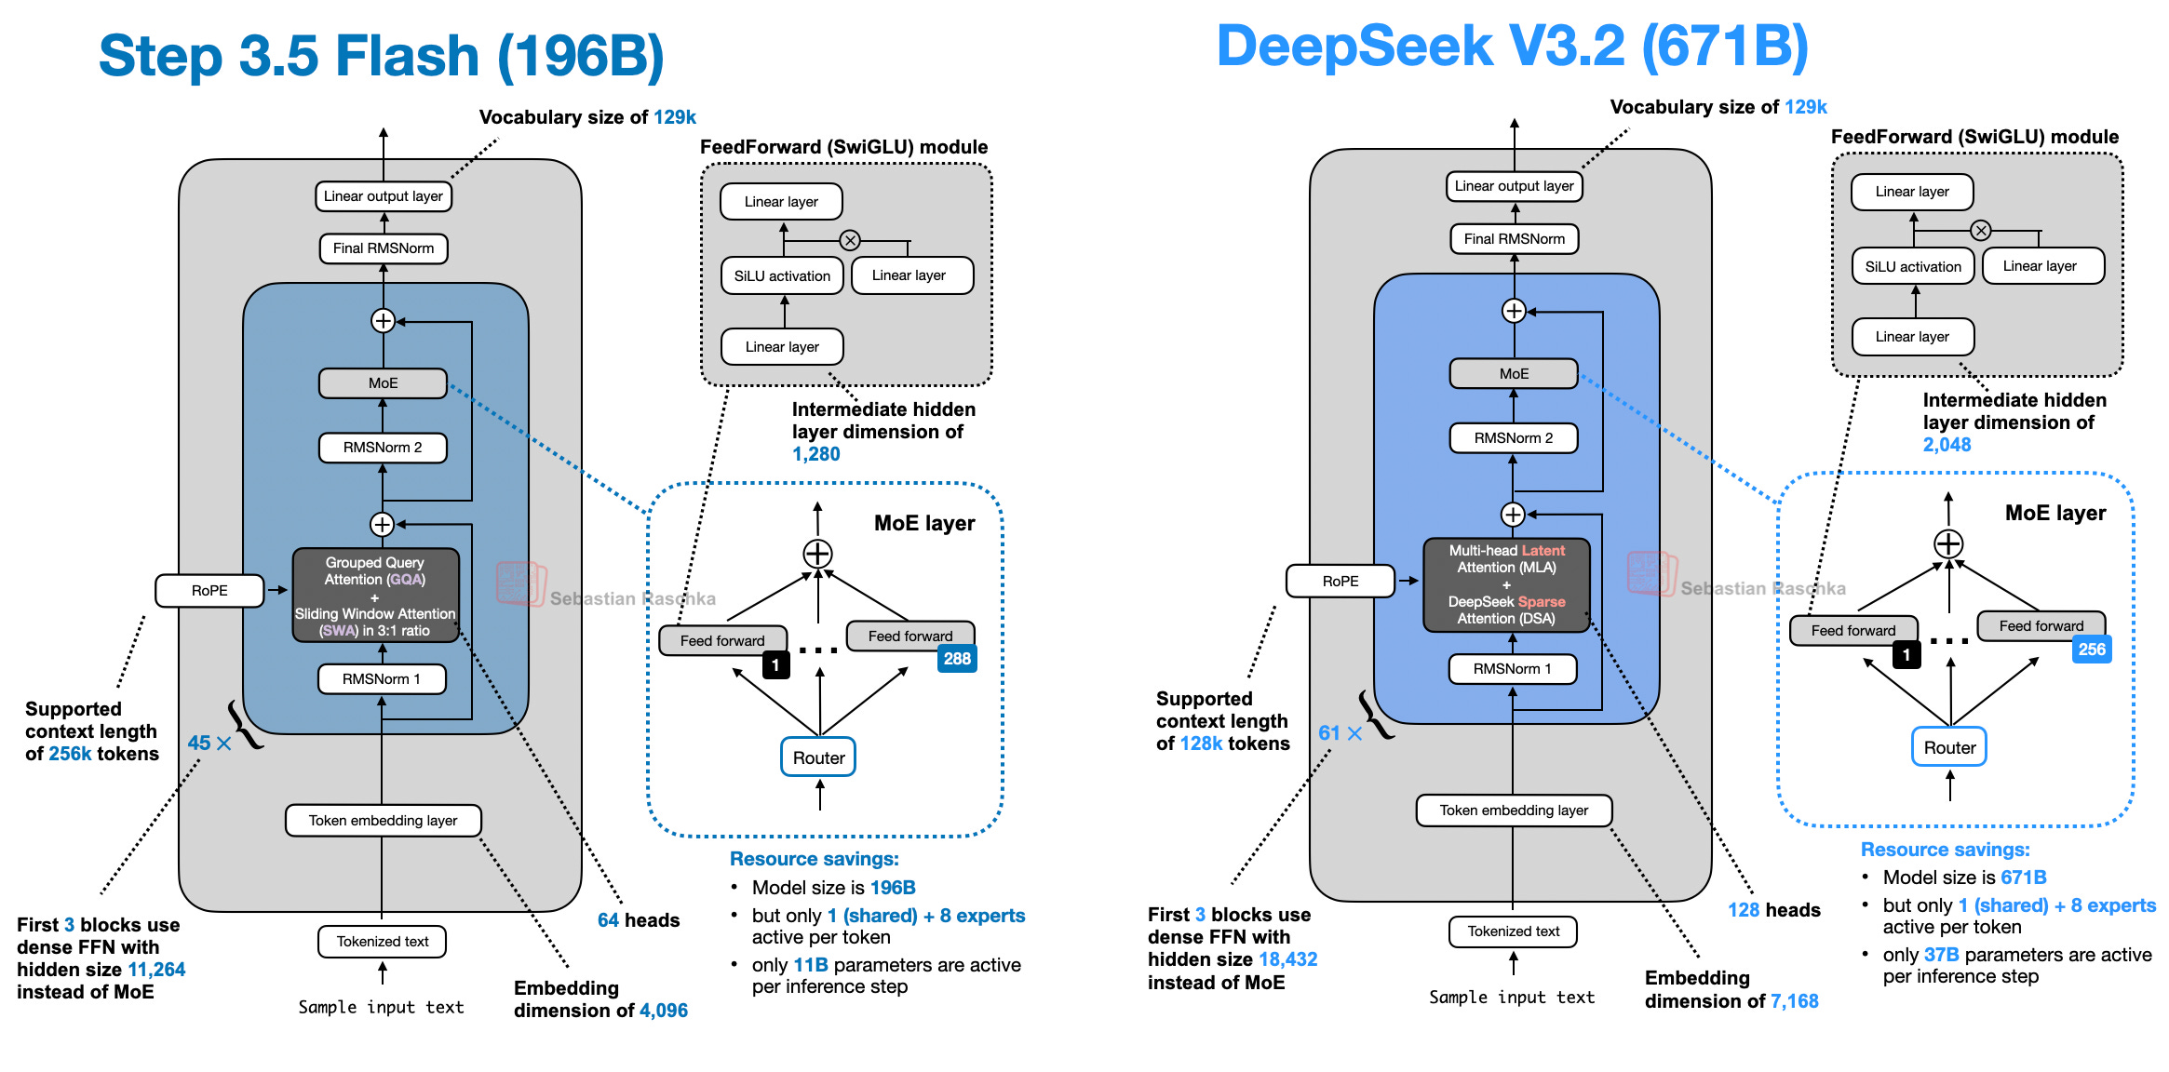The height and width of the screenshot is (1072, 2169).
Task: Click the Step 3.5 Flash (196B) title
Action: (x=381, y=56)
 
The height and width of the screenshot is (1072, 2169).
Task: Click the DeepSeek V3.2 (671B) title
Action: (x=1512, y=47)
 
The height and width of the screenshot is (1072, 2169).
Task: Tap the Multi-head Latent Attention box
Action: (x=1506, y=584)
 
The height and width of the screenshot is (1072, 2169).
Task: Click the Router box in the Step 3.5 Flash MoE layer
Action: (x=818, y=757)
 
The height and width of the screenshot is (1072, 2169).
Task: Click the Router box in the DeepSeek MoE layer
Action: (x=1949, y=747)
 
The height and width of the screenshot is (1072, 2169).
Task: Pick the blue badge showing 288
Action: (x=957, y=659)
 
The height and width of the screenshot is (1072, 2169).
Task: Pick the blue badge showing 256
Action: (x=2092, y=650)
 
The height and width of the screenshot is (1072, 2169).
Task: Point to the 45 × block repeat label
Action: (x=209, y=743)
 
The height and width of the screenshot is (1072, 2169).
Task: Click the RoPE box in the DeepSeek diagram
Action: (x=1340, y=581)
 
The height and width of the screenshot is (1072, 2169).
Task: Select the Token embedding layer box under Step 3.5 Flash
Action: (x=383, y=821)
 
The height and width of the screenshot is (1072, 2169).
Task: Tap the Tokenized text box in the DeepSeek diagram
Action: (x=1513, y=931)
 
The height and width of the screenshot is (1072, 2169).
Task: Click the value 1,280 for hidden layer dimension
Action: (x=816, y=454)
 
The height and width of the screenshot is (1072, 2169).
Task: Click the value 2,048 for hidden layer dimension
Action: (x=1947, y=445)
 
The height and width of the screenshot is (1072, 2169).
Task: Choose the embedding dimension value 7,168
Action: (x=1794, y=1001)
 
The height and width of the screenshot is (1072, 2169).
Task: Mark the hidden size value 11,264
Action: (x=156, y=970)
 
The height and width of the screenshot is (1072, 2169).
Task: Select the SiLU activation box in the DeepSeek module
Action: (x=1913, y=266)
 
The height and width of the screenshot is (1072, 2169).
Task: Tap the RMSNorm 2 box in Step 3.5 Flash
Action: (x=383, y=448)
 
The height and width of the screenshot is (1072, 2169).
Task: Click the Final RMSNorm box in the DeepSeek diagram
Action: (x=1514, y=239)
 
